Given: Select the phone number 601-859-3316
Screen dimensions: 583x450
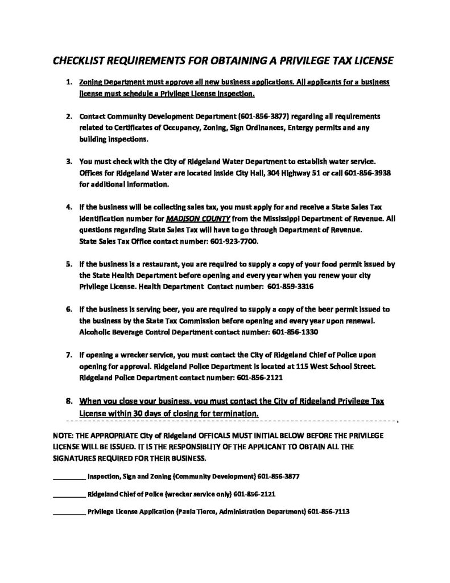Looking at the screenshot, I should (x=290, y=287).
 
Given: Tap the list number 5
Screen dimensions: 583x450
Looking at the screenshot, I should (x=68, y=264).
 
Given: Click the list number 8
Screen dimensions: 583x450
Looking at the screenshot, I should (x=69, y=401).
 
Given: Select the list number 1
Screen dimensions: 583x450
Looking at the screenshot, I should (x=68, y=83).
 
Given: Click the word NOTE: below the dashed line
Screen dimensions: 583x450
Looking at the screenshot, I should (x=64, y=435).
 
